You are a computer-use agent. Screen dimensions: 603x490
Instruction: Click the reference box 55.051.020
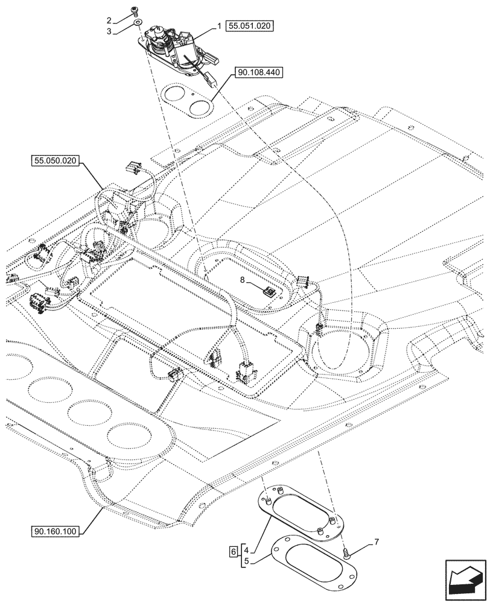click(250, 26)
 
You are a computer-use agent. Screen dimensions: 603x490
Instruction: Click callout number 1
click(220, 27)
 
